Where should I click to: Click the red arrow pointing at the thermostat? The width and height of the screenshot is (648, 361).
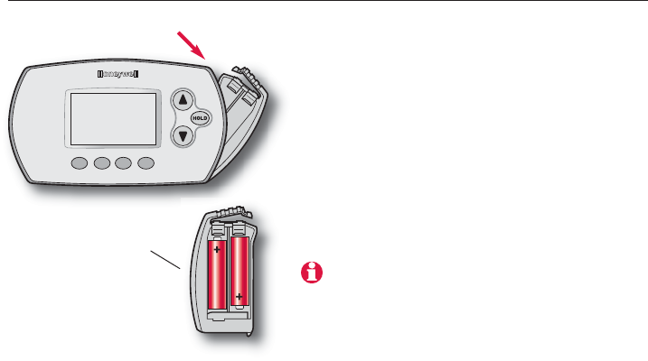click(x=192, y=44)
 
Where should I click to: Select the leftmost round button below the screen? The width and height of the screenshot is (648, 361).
click(x=80, y=164)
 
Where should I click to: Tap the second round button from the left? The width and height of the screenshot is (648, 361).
click(x=101, y=164)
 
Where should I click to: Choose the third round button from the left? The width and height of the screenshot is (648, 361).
click(x=123, y=164)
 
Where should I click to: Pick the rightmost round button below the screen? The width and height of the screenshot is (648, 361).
click(x=145, y=164)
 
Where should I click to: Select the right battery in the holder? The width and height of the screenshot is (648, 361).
click(x=240, y=271)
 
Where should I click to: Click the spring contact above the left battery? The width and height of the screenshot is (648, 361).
click(x=218, y=231)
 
